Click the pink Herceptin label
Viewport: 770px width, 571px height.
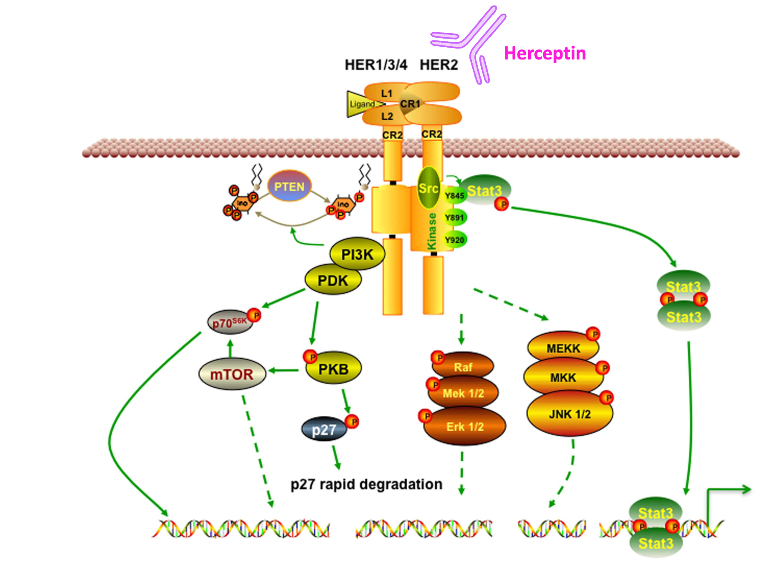pyautogui.click(x=544, y=54)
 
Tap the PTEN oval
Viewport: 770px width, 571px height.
pyautogui.click(x=289, y=187)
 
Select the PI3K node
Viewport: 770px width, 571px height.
pyautogui.click(x=357, y=254)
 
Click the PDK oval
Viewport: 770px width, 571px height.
pyautogui.click(x=333, y=281)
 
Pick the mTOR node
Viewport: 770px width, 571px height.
pyautogui.click(x=232, y=374)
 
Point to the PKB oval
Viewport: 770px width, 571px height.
pyautogui.click(x=334, y=369)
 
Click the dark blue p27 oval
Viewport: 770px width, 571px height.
pyautogui.click(x=324, y=429)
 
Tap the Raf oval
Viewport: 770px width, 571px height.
pyautogui.click(x=463, y=367)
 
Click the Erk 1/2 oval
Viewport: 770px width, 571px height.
pyautogui.click(x=464, y=427)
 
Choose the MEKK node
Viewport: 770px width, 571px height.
pyautogui.click(x=563, y=348)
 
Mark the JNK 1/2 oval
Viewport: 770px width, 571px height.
pyautogui.click(x=569, y=414)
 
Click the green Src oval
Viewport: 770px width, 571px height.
pyautogui.click(x=428, y=188)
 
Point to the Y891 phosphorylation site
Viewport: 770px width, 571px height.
pyautogui.click(x=454, y=218)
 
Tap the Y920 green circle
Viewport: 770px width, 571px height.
pyautogui.click(x=454, y=240)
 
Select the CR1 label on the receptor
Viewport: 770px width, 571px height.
pyautogui.click(x=410, y=104)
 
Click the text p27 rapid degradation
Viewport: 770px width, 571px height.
pyautogui.click(x=366, y=484)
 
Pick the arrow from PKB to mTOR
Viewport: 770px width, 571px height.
pyautogui.click(x=283, y=371)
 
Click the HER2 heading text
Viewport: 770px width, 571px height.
pyautogui.click(x=439, y=65)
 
